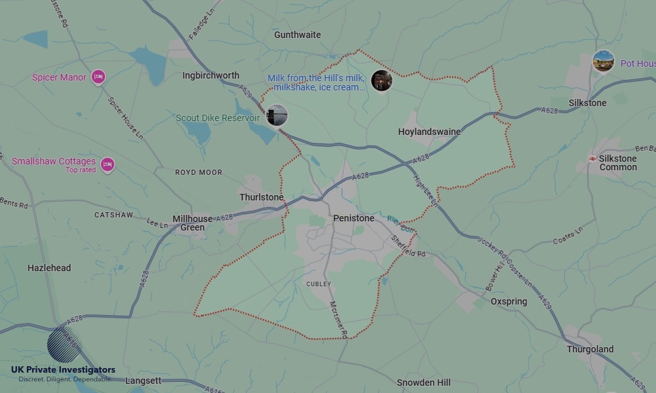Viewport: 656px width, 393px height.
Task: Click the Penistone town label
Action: [354, 218]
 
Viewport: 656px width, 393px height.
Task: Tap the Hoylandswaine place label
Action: [429, 132]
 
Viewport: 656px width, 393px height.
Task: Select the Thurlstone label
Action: [261, 197]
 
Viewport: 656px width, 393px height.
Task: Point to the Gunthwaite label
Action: [297, 35]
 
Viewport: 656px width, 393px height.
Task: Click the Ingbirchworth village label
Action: [211, 75]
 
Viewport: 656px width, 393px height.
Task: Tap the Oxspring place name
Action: [508, 302]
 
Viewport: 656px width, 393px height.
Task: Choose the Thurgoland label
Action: [590, 349]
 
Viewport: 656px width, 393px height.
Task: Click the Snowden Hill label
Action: [423, 383]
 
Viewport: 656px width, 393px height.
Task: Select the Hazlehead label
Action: [49, 268]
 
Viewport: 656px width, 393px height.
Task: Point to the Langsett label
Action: [143, 381]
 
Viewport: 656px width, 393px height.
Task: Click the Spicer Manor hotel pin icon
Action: [98, 77]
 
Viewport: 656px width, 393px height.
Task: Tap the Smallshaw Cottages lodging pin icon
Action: [108, 164]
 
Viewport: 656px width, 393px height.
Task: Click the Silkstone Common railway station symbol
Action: [592, 159]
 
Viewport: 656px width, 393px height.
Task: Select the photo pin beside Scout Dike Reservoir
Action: [276, 115]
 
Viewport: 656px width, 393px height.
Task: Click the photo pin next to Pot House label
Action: [603, 62]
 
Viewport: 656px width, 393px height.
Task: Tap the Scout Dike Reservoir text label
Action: [218, 119]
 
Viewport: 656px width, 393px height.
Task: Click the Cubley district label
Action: [318, 284]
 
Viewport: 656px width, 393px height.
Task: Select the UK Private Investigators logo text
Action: [63, 369]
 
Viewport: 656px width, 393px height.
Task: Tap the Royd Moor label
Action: [198, 172]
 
